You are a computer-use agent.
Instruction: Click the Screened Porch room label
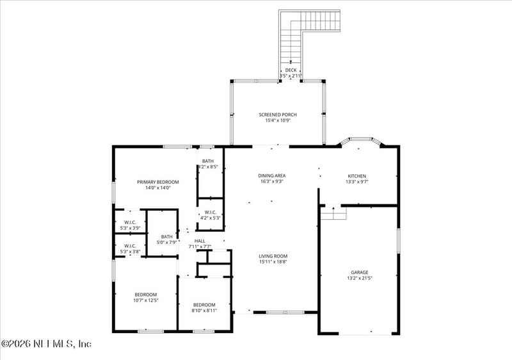(278, 115)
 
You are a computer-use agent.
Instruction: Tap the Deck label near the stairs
(291, 70)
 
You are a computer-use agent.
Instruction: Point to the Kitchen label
(357, 176)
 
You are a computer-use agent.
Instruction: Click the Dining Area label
(271, 176)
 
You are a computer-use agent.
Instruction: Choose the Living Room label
(273, 256)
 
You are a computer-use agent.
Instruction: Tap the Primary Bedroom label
(158, 182)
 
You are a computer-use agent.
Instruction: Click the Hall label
(200, 241)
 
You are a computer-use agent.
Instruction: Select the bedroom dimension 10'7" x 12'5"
(145, 300)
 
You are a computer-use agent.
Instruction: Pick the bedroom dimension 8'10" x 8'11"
(204, 310)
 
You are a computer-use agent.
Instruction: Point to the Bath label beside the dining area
(208, 161)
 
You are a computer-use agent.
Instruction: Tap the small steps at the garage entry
(333, 213)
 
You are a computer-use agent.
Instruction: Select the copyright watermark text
(47, 345)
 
